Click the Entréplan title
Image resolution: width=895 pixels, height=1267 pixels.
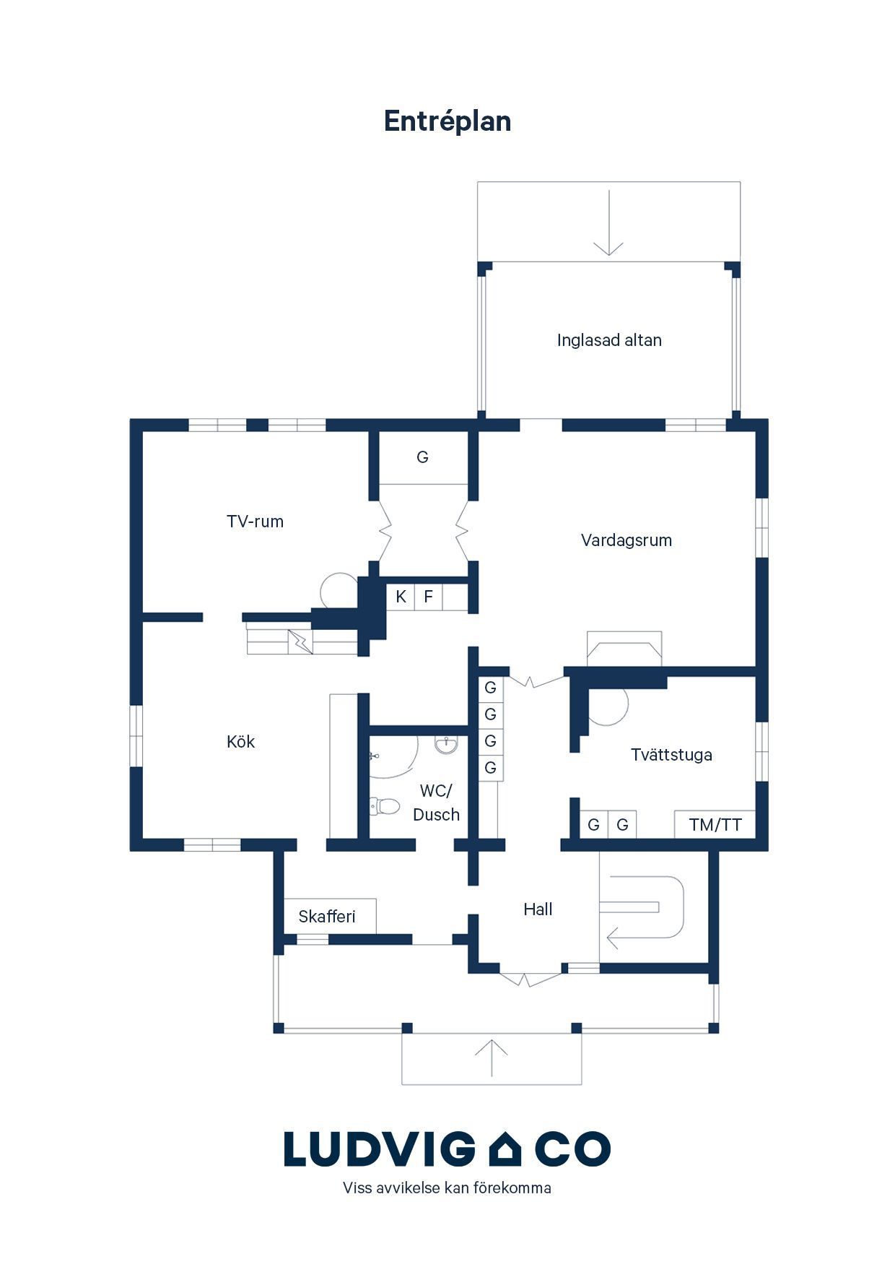[x=447, y=121]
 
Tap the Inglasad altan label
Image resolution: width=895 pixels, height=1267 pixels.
[x=609, y=340]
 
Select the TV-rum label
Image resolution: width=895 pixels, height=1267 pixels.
[x=255, y=522]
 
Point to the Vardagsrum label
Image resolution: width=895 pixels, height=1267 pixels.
[x=626, y=540]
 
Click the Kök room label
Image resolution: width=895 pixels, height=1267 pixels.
[x=240, y=742]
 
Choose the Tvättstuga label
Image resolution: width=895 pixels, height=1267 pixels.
[x=671, y=755]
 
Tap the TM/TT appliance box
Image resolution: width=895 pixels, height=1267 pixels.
[x=715, y=824]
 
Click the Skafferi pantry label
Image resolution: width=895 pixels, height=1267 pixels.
[x=327, y=917]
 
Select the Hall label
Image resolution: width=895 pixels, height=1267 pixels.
[x=538, y=909]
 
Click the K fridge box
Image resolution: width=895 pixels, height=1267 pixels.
[x=401, y=597]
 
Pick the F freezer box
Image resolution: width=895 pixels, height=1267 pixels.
[x=429, y=597]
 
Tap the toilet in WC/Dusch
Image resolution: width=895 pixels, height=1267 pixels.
[x=384, y=805]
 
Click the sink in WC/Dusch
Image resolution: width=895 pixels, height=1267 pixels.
[x=447, y=745]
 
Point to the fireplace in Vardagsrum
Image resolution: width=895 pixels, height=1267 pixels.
[x=624, y=648]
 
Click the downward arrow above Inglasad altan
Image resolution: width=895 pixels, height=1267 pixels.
[x=608, y=222]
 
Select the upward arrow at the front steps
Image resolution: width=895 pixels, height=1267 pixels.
[x=492, y=1058]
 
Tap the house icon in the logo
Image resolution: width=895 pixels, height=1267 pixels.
[x=505, y=1149]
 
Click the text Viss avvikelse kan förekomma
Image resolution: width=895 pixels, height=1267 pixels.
[x=447, y=1188]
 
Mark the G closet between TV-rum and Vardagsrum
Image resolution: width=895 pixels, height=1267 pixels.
[x=423, y=457]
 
